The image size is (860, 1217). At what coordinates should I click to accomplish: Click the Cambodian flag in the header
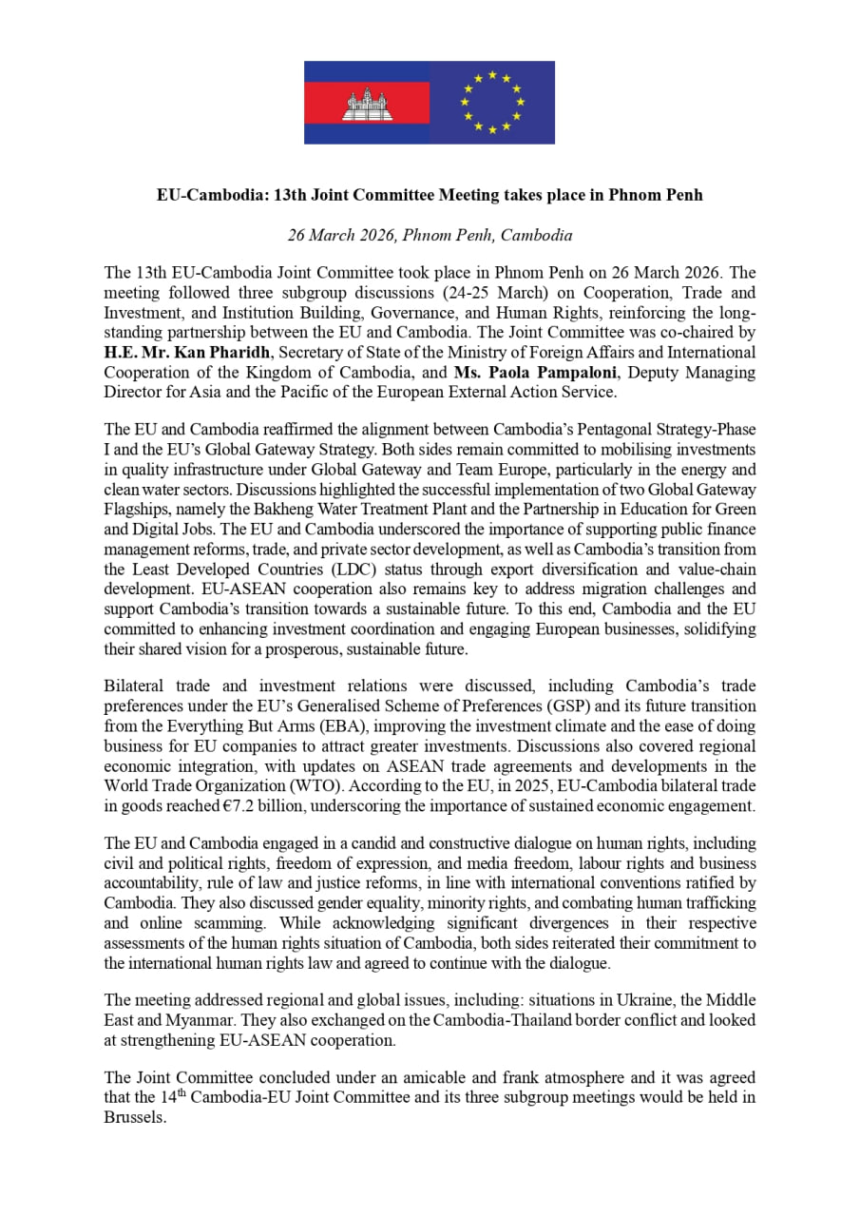(x=367, y=103)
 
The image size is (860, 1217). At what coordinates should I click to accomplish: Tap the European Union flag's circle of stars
(x=491, y=102)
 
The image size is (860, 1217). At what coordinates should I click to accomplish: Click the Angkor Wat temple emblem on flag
(x=367, y=104)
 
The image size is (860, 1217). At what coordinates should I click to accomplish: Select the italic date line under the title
(x=430, y=235)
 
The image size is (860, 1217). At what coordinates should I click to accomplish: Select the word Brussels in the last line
(x=134, y=1117)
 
